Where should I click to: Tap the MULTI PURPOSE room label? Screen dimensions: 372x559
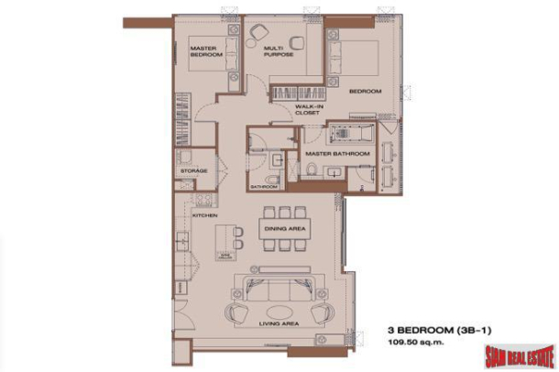[278, 52]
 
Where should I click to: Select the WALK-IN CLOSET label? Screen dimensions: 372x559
[306, 110]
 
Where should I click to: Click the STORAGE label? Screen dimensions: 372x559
[194, 171]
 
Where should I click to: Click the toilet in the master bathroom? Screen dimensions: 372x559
[313, 171]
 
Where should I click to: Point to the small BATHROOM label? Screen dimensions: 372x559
[264, 186]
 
